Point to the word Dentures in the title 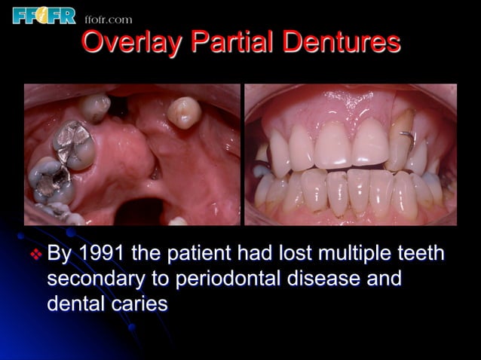pos(336,43)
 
